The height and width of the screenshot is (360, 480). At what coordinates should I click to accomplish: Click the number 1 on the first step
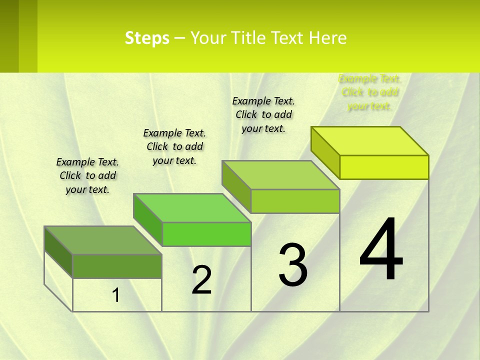116,295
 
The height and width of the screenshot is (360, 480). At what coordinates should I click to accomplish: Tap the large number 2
201,280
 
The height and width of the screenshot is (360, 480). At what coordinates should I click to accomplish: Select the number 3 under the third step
293,265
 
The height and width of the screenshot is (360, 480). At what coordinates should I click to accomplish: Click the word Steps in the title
147,38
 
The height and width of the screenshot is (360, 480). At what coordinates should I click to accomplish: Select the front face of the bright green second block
206,234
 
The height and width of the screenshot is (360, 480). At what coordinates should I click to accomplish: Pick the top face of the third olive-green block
280,175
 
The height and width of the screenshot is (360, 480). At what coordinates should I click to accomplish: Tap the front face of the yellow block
384,167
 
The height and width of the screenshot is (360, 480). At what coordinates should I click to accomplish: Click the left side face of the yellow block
325,152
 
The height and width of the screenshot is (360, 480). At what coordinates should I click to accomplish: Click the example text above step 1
87,175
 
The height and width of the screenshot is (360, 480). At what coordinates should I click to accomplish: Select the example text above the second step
174,146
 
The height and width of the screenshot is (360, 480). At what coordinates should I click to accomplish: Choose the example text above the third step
263,114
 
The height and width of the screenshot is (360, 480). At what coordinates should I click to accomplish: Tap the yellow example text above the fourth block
369,92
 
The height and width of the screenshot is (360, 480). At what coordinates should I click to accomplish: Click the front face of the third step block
295,201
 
